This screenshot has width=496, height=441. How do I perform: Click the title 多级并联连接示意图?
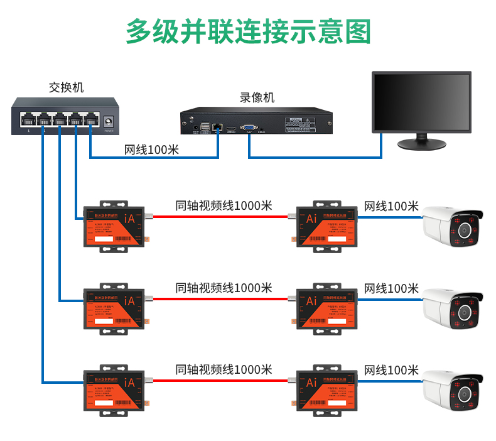coord(248,31)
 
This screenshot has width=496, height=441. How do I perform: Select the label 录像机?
coord(257,98)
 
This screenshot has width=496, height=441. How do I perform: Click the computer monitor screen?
coord(421,102)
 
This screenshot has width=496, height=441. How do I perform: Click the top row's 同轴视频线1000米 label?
coord(224,206)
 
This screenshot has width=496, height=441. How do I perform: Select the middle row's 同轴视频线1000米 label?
coord(224,288)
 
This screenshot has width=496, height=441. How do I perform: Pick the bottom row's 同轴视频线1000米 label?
coord(224,369)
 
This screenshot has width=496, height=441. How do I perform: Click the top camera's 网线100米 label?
coord(391,206)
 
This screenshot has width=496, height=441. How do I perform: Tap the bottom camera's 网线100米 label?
coord(391,369)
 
